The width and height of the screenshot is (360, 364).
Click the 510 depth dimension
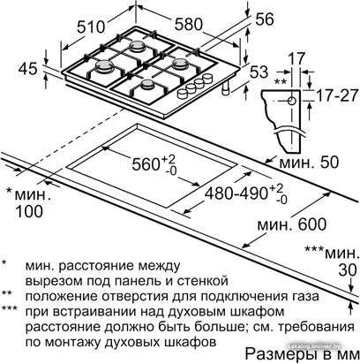[91, 27]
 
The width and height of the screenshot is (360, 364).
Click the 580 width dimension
[189, 24]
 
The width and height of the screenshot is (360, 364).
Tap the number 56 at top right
[265, 19]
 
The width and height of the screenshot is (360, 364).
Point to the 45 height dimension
[28, 69]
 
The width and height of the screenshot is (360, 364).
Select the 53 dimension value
[259, 72]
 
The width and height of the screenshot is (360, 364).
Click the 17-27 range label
[337, 95]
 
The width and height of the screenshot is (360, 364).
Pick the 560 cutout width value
[154, 163]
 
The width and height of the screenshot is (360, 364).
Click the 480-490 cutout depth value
[246, 193]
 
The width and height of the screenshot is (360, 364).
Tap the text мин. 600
[292, 224]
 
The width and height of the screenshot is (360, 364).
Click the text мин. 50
[309, 163]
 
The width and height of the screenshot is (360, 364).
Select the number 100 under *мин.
[29, 211]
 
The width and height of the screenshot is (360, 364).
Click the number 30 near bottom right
[348, 269]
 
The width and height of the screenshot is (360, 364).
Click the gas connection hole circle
[292, 101]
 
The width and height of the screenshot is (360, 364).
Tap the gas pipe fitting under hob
[226, 88]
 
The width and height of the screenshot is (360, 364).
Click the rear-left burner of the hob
[136, 46]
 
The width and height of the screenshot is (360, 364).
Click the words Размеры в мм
[302, 354]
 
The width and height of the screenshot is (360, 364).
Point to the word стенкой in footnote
[202, 281]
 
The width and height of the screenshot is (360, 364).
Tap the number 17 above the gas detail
[296, 58]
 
